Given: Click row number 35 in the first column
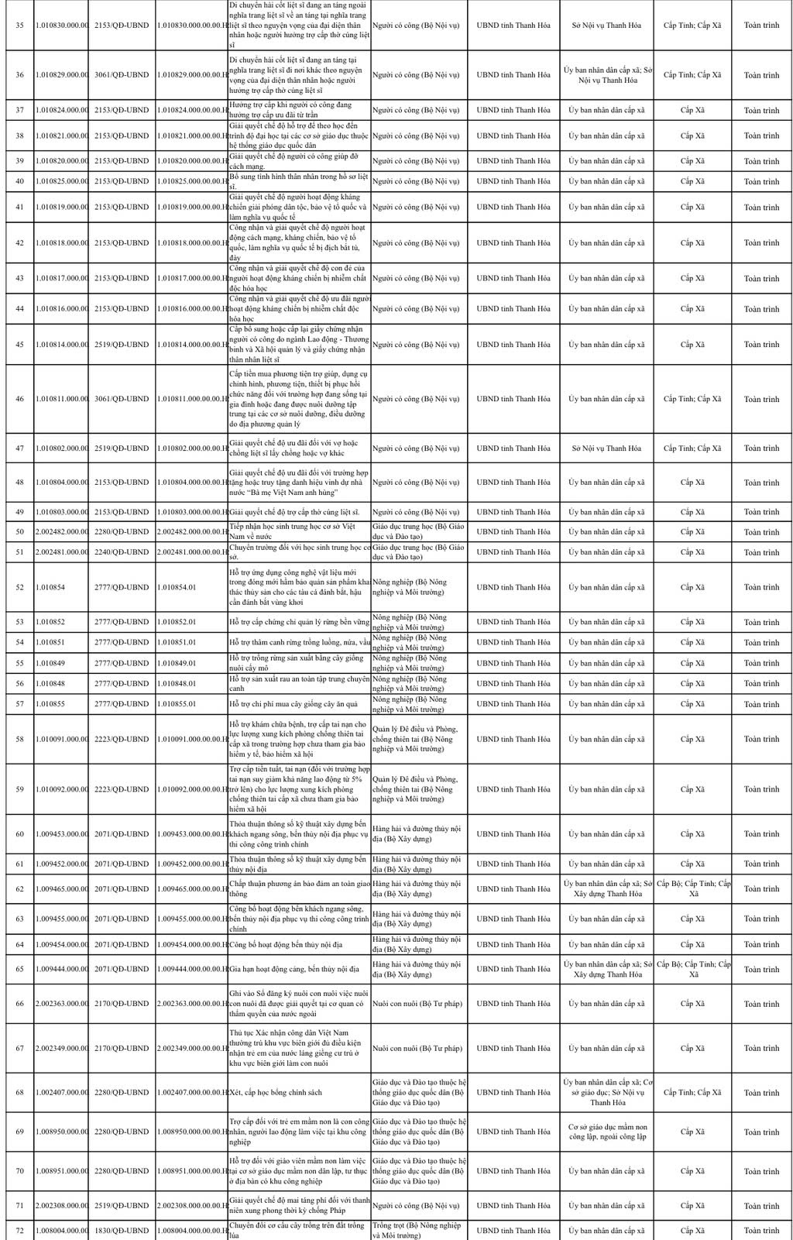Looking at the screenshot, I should tap(19, 26).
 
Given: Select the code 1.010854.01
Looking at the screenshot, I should tap(177, 587).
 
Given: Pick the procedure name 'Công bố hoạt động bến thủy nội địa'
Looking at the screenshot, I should tap(286, 945).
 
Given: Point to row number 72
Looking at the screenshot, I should tap(19, 1230).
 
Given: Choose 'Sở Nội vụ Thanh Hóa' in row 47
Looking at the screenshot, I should tap(606, 448).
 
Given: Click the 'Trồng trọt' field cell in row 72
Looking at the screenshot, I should tap(418, 1230).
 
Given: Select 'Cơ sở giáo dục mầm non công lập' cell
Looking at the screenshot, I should tap(606, 1132).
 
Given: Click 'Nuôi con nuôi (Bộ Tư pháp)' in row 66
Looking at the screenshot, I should tap(418, 1004).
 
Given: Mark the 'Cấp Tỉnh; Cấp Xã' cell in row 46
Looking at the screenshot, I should tap(692, 399).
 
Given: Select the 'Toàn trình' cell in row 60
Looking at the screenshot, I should tap(761, 834).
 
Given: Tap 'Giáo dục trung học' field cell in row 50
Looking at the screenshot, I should tap(418, 532).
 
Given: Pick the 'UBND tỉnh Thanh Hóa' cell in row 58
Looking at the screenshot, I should tap(513, 739).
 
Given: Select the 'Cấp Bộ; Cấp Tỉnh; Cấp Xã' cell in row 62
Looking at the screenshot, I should tap(692, 888).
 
